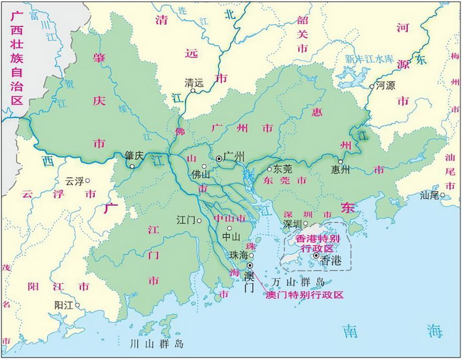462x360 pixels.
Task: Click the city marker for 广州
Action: tap(219, 159)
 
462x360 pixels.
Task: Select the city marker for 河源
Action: tap(372, 86)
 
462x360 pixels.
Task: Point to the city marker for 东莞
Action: tap(269, 169)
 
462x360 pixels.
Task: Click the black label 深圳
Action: tap(293, 223)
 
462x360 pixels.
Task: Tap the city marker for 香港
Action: tap(316, 256)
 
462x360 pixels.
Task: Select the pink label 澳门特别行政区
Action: tap(304, 295)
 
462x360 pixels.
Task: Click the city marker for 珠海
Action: tap(252, 256)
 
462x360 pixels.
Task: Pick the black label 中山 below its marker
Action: tap(231, 237)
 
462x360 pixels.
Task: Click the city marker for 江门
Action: tap(200, 220)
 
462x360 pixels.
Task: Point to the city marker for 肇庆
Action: tap(132, 166)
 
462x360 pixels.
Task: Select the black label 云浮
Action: tap(75, 181)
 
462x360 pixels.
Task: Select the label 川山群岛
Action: tap(157, 344)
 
